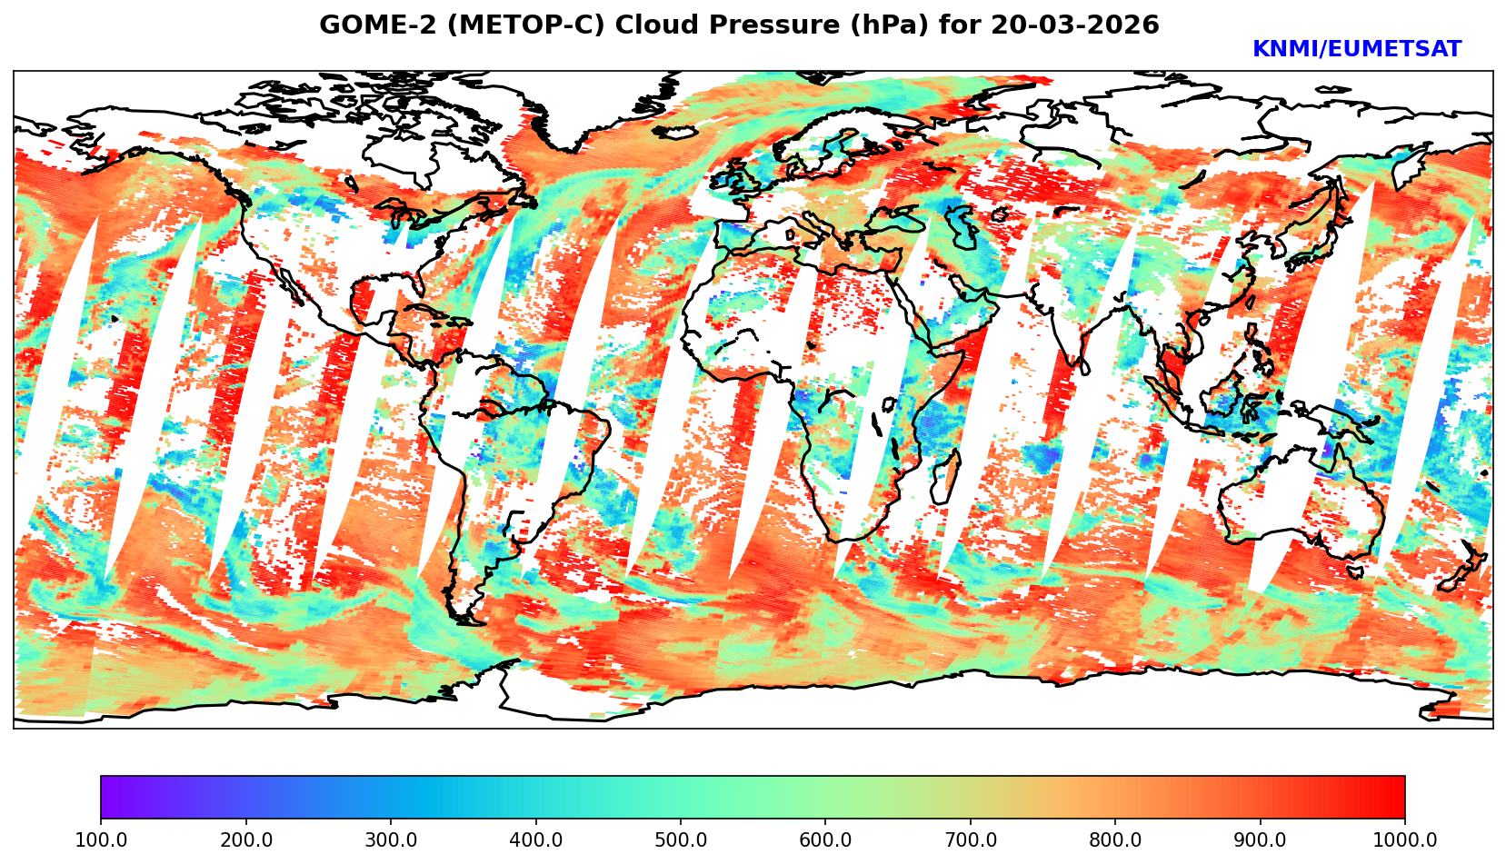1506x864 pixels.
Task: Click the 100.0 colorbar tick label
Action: pos(101,839)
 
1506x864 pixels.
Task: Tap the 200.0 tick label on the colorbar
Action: pos(245,839)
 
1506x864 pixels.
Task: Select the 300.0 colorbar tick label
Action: pos(391,839)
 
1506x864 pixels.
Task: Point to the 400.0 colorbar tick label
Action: pos(535,839)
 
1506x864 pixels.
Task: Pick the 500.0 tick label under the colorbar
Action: pos(681,839)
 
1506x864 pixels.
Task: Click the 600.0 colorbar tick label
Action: pos(825,839)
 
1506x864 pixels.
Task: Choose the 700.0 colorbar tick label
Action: pos(971,839)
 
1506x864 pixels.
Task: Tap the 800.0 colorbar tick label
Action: pos(1115,839)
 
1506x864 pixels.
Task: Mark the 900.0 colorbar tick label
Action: pos(1261,839)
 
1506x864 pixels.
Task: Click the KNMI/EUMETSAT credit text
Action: pos(1356,50)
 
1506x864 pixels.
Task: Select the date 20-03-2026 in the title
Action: pos(1075,25)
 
